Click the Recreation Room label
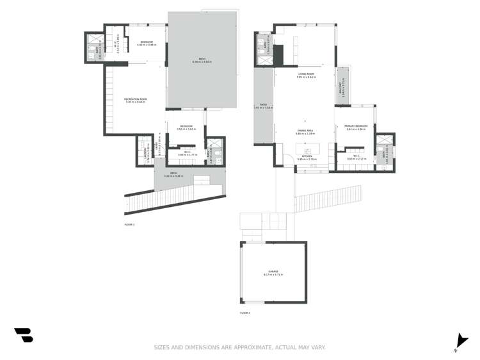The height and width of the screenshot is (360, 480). tap(135, 99)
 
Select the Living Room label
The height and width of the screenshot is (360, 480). tap(306, 74)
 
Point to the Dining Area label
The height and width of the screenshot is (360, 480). tap(304, 131)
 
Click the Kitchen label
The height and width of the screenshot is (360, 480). tap(307, 156)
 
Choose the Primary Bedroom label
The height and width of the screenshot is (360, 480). tap(356, 126)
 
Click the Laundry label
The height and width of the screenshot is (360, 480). tap(140, 151)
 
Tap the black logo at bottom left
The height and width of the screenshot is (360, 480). tap(24, 334)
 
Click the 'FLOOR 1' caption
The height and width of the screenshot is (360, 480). tap(129, 225)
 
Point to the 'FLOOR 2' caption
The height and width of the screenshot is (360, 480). tap(244, 313)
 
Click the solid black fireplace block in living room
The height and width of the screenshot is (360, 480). tap(279, 52)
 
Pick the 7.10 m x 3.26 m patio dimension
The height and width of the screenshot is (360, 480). tap(173, 176)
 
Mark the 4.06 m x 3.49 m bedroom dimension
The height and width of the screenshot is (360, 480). tap(147, 45)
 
